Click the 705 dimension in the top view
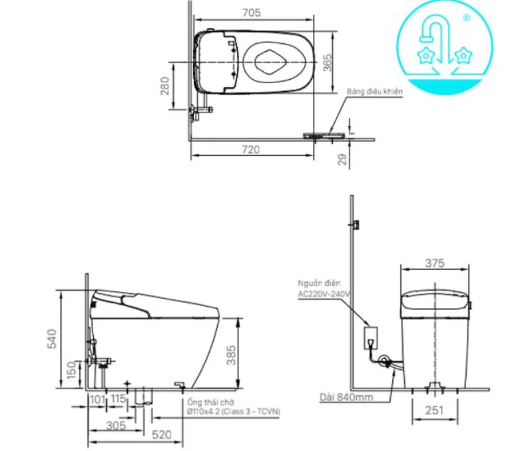252,13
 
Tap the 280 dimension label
164,85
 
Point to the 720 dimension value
251,150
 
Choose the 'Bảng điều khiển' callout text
374,91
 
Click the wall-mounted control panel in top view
326,135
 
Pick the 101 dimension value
97,399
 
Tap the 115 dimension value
119,399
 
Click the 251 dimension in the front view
433,411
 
